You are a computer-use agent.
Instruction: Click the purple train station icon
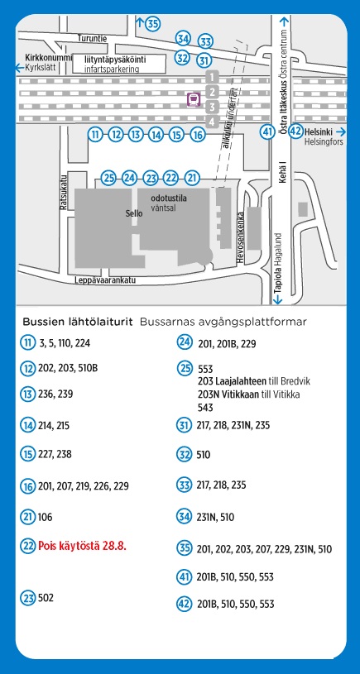[194, 99]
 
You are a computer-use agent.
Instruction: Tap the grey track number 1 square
[212, 78]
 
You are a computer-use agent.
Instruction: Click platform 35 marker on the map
[152, 24]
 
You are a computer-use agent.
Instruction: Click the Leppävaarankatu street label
[105, 280]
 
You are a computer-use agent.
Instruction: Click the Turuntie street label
[92, 38]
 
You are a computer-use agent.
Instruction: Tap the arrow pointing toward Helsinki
[341, 131]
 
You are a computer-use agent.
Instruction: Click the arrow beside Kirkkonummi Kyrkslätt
[20, 68]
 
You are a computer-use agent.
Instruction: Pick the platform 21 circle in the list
[28, 517]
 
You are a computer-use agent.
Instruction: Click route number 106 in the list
[46, 517]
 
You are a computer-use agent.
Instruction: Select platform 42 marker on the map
[295, 131]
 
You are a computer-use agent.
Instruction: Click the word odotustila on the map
[169, 199]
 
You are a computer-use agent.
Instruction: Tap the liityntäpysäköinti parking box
[118, 64]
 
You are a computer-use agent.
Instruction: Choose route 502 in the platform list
[46, 597]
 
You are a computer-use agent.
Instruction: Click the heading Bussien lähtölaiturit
[78, 322]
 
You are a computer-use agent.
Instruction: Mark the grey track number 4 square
[212, 122]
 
